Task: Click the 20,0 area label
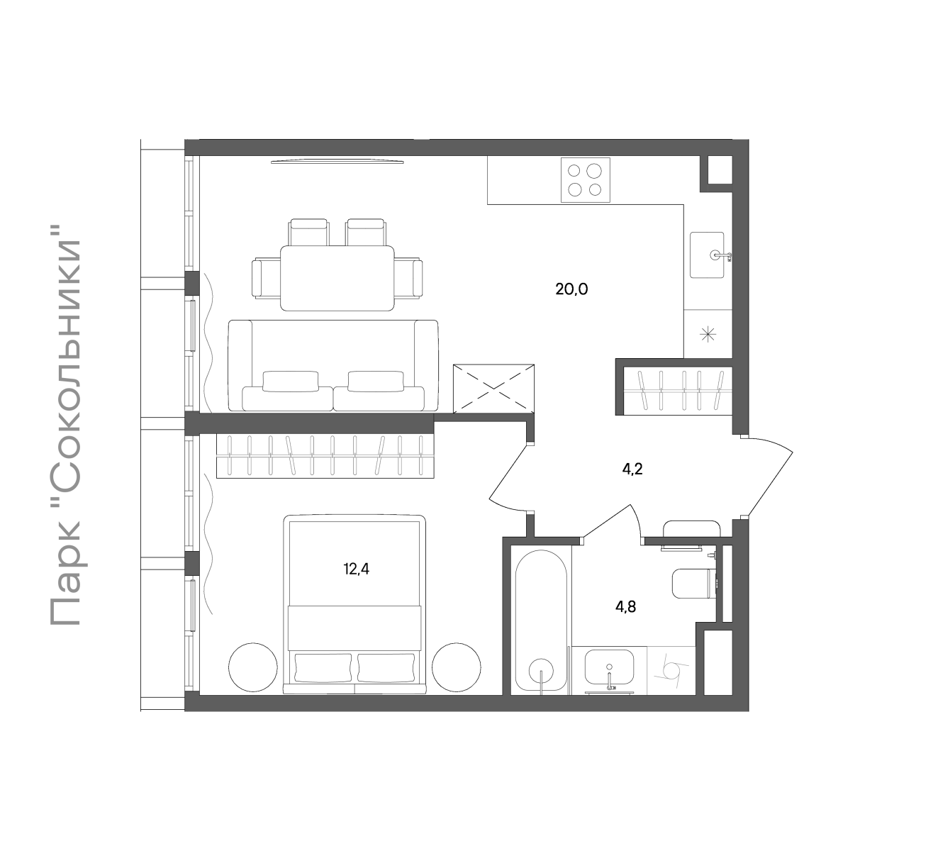pos(571,289)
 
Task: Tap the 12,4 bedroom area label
pos(357,569)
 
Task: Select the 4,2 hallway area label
pos(632,469)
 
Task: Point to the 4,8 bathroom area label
pos(625,607)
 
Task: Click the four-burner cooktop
pos(585,180)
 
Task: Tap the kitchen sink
pos(708,255)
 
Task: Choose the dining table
pos(337,278)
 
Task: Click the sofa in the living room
pos(333,366)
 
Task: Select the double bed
pos(354,604)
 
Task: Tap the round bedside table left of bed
pos(253,667)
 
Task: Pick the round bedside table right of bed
pos(457,667)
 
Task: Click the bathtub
pos(542,622)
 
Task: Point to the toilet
pos(693,584)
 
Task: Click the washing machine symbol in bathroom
pos(671,670)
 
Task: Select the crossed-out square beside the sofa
pos(493,389)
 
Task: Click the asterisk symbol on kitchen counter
pos(708,334)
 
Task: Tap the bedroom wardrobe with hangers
pos(325,455)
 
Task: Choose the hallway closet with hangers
pos(678,390)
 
